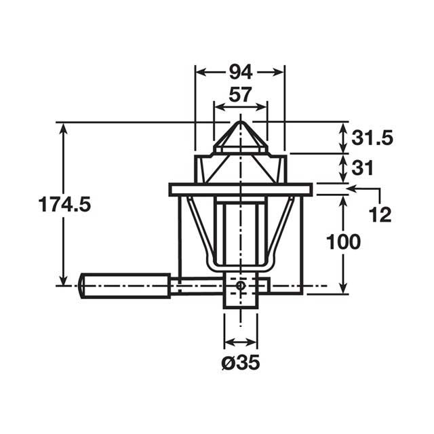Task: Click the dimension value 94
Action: (239, 71)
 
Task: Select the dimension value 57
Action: (239, 95)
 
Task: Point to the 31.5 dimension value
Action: (372, 138)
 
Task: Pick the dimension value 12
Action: (381, 215)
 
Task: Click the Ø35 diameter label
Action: (241, 362)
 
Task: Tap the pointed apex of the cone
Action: (240, 122)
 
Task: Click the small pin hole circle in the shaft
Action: (240, 286)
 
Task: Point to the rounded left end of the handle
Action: (82, 285)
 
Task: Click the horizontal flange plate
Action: (240, 189)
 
